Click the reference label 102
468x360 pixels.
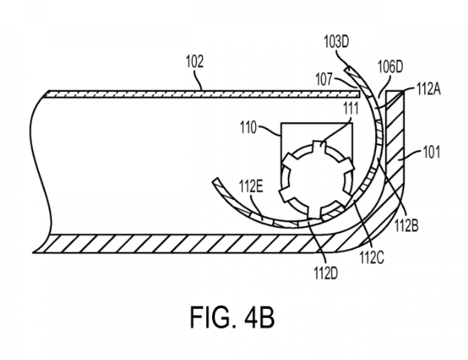[x=195, y=62]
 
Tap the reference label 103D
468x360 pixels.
[x=336, y=42]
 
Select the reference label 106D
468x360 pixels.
[x=390, y=67]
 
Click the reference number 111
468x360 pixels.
[x=350, y=108]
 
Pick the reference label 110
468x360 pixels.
[x=248, y=129]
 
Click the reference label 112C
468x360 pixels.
[x=372, y=258]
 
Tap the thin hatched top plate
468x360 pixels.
[x=202, y=94]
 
